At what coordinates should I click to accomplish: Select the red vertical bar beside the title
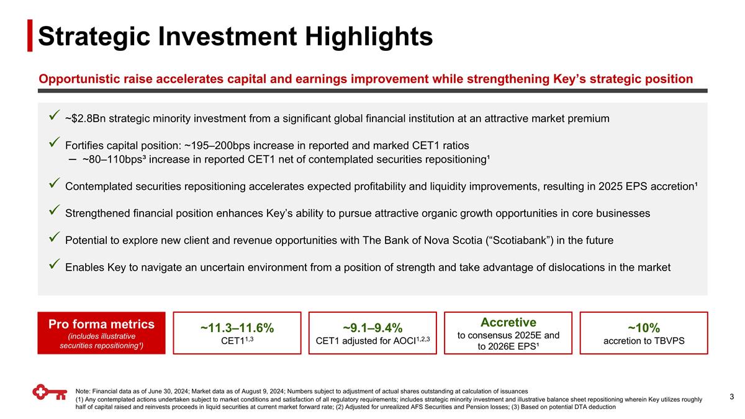(30, 36)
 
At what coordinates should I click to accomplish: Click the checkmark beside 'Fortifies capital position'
(53, 145)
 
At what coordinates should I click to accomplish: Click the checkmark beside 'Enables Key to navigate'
(53, 267)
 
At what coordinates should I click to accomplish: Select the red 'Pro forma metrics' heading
(101, 324)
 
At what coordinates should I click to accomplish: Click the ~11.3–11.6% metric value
(237, 328)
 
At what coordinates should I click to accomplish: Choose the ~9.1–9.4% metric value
(372, 328)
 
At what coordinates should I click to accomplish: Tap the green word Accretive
(508, 322)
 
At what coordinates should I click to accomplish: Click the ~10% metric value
(643, 328)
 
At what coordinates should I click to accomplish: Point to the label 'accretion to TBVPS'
(643, 341)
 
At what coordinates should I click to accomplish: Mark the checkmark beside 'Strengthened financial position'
(53, 212)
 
